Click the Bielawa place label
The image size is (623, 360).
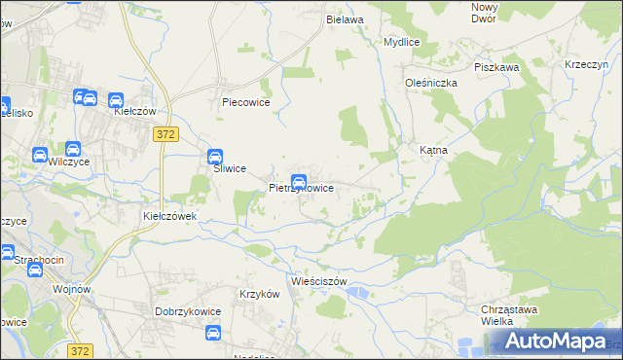pyautogui.click(x=345, y=19)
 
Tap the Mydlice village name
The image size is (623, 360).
pyautogui.click(x=401, y=43)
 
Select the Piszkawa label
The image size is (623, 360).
pyautogui.click(x=495, y=67)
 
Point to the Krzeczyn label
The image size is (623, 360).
pyautogui.click(x=586, y=64)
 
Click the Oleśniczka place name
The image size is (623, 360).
pyautogui.click(x=431, y=84)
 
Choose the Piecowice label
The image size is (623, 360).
pyautogui.click(x=245, y=101)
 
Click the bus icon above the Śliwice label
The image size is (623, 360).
pyautogui.click(x=214, y=156)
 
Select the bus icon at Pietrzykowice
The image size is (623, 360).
pyautogui.click(x=299, y=181)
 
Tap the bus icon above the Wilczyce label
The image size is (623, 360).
pyautogui.click(x=41, y=155)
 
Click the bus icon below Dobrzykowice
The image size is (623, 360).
pyautogui.click(x=213, y=334)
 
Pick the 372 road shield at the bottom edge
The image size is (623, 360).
pyautogui.click(x=81, y=349)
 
